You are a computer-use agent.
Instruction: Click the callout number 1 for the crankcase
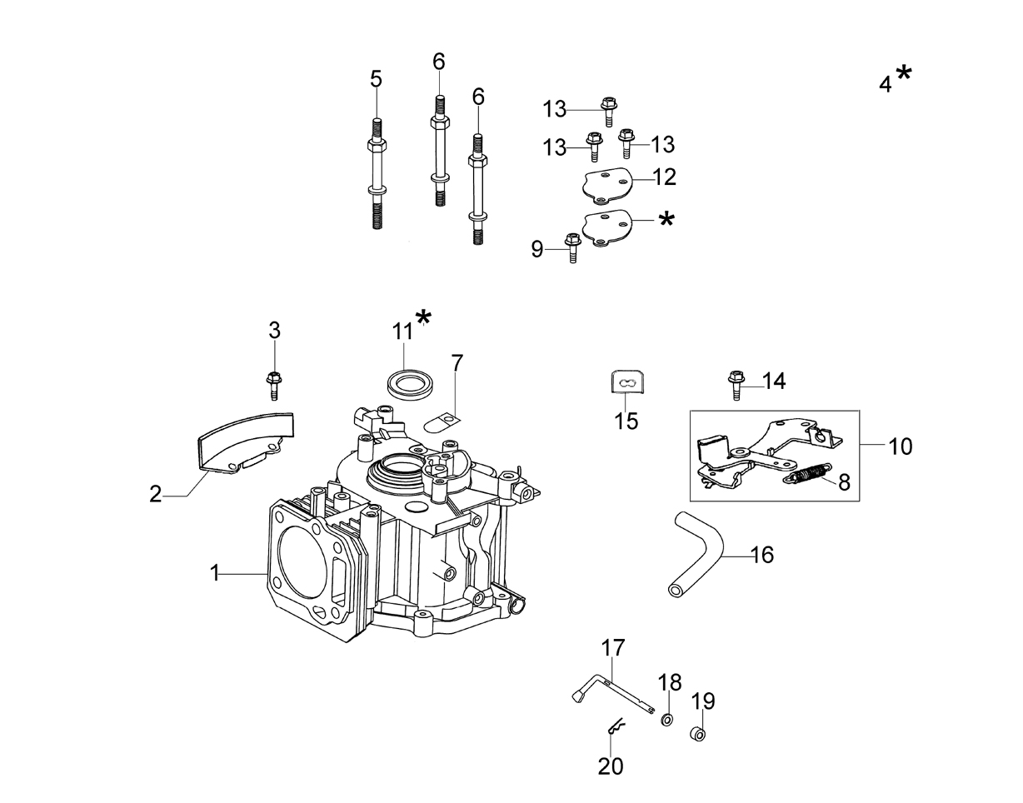tap(215, 573)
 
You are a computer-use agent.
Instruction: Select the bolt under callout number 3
tap(273, 386)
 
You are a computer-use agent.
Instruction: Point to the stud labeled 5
tap(377, 174)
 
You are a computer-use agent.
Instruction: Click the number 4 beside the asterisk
tap(886, 85)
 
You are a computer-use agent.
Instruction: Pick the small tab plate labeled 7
tap(442, 421)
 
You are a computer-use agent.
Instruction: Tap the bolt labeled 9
tap(572, 247)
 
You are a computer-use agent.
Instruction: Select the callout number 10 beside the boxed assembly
tap(901, 446)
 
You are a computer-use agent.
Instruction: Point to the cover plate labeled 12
tap(606, 187)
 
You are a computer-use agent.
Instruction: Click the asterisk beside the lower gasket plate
tap(666, 219)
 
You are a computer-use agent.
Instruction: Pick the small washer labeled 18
tap(666, 720)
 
